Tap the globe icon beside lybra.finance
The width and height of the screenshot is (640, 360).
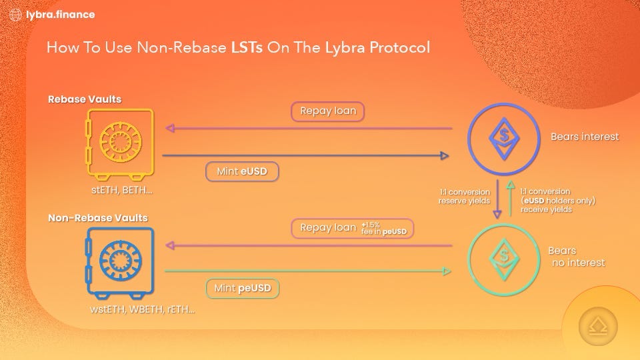click(16, 15)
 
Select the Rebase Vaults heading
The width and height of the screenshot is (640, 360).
click(85, 99)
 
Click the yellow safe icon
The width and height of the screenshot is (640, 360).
click(120, 142)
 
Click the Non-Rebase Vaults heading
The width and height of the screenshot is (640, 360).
click(98, 218)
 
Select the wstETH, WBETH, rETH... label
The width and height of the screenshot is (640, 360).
click(143, 309)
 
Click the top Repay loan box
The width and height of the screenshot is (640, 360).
click(327, 111)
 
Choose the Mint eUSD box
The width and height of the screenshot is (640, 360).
click(241, 172)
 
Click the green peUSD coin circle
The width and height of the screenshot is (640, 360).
click(504, 257)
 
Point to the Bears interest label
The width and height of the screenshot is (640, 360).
click(584, 137)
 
